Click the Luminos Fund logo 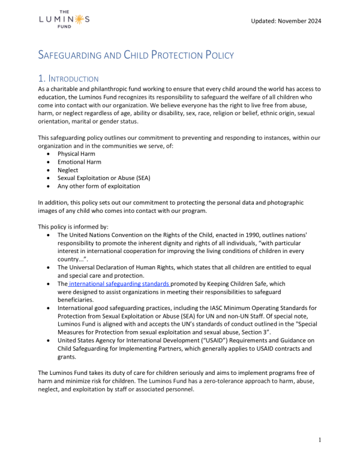click(64, 19)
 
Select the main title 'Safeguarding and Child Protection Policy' click(136, 55)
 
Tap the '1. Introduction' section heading click(68, 79)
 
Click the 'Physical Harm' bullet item click(76, 154)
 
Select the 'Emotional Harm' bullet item click(79, 162)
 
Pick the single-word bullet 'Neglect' click(68, 170)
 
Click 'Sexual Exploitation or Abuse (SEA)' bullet click(104, 178)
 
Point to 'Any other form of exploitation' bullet click(99, 187)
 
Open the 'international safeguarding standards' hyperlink click(119, 284)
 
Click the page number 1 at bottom click(320, 440)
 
